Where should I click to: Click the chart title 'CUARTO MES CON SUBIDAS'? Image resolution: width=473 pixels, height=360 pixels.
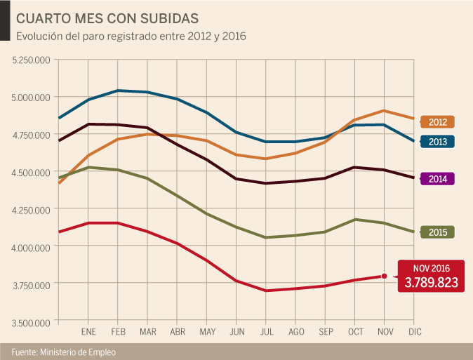pos(107,17)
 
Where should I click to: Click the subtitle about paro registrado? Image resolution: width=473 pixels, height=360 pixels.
pos(131,35)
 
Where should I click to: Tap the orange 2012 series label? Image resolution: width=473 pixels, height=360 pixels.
pos(437,121)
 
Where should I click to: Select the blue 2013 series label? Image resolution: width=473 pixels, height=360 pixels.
pos(437,142)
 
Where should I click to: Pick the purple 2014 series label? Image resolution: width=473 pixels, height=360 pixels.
pos(437,178)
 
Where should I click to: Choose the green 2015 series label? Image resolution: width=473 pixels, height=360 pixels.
pos(437,232)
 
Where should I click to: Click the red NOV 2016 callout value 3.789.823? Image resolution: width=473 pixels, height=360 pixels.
pos(431,282)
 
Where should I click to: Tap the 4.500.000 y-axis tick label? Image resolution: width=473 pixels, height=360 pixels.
pos(31,172)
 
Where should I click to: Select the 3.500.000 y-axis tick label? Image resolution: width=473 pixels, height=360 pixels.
pos(31,322)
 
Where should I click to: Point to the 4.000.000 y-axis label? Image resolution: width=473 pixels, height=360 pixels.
pos(31,247)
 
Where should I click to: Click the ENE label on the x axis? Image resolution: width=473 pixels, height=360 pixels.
pos(88,331)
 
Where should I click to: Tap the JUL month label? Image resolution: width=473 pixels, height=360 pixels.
pos(266,331)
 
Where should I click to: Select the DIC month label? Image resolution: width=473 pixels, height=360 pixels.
pos(414,331)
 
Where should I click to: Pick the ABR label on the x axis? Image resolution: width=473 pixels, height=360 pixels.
pos(178,331)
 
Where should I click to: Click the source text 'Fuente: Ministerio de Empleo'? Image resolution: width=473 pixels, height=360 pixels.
pos(62,351)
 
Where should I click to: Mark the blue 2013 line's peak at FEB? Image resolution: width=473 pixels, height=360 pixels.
pos(118,91)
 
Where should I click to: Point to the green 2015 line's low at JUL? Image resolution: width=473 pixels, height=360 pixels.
pos(266,237)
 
